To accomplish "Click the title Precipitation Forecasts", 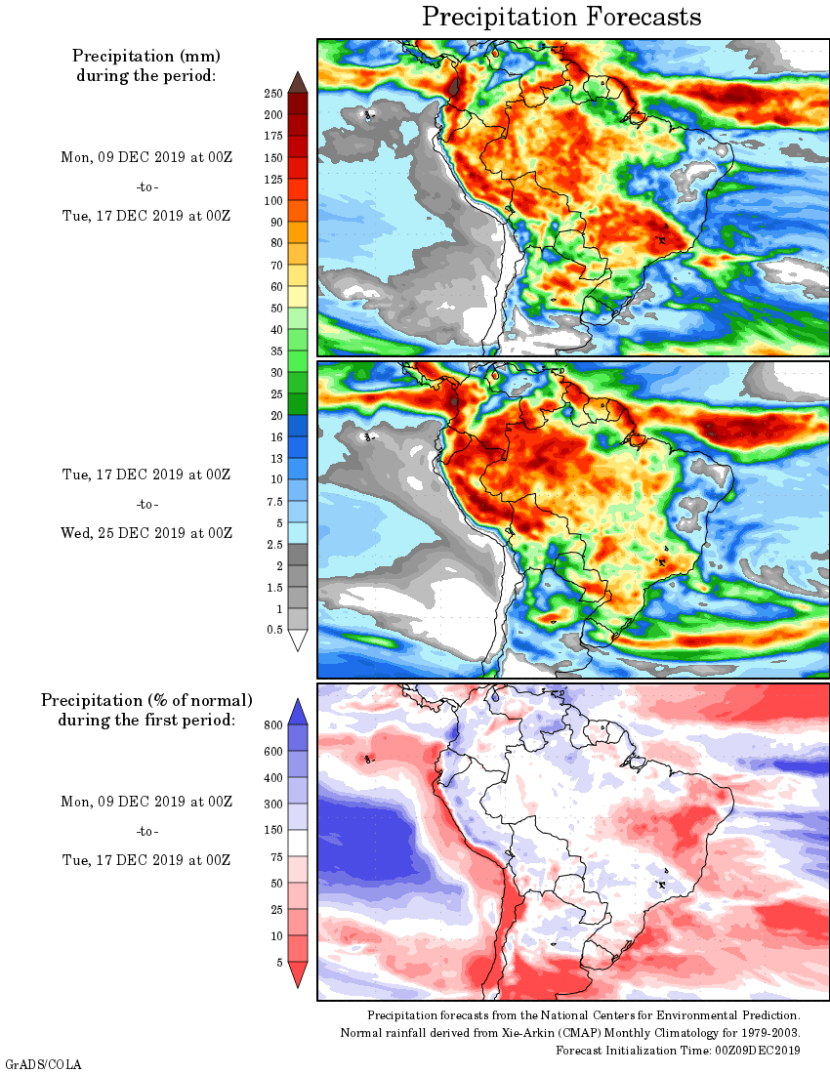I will pos(561,17).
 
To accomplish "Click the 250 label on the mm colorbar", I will pos(273,93).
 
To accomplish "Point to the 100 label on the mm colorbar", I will pos(273,200).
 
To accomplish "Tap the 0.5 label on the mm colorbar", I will pos(274,630).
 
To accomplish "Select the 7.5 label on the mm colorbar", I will pos(274,501).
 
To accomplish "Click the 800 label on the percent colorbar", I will pos(273,725).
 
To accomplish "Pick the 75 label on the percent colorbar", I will pos(276,856).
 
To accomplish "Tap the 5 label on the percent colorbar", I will pos(279,962).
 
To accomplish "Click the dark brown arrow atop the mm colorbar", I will pos(298,82).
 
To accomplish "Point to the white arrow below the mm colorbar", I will pos(298,640).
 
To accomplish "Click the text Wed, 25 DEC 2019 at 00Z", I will pos(147,533).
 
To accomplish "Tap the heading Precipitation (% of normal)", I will pos(146,700).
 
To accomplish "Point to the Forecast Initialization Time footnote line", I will pos(678,1050).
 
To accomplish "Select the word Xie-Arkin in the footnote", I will pos(497,1033).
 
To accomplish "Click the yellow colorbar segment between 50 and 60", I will pos(298,297).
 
